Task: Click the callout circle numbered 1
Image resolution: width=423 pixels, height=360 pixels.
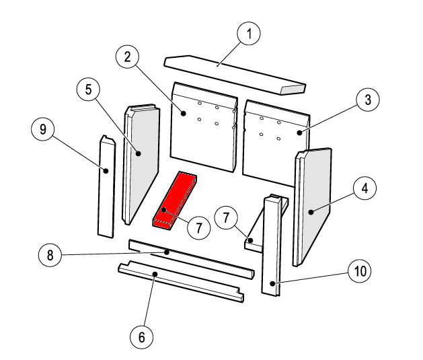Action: pyautogui.click(x=249, y=34)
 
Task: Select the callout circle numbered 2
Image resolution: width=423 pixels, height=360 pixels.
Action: pyautogui.click(x=127, y=57)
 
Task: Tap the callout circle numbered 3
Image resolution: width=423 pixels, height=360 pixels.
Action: pyautogui.click(x=368, y=100)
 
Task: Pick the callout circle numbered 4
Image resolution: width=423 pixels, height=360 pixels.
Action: pyautogui.click(x=364, y=188)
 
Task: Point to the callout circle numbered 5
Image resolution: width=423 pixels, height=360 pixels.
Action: pyautogui.click(x=88, y=89)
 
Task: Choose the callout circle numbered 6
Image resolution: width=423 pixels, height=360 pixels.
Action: pyautogui.click(x=142, y=337)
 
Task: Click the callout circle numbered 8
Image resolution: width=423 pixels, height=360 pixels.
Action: pyautogui.click(x=50, y=255)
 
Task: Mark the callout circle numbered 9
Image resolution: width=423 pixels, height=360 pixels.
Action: pyautogui.click(x=43, y=129)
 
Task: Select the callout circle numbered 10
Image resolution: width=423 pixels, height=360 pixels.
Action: pyautogui.click(x=360, y=271)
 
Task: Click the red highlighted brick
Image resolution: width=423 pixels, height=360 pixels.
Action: pyautogui.click(x=175, y=201)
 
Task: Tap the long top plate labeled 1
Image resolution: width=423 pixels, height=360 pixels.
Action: pyautogui.click(x=235, y=75)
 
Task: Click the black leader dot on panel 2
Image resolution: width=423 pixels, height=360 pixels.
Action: pyautogui.click(x=184, y=113)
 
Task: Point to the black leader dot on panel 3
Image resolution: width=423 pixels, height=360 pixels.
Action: pyautogui.click(x=299, y=133)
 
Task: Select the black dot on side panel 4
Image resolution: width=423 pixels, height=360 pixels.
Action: pyautogui.click(x=311, y=212)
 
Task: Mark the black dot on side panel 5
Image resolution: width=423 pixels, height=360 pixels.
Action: pyautogui.click(x=139, y=153)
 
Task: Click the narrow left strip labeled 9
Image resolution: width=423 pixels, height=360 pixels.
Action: pyautogui.click(x=106, y=187)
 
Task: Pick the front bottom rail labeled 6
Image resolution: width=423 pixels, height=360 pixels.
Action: pyautogui.click(x=181, y=281)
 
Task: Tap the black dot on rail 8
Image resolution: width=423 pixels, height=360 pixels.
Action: pyautogui.click(x=167, y=252)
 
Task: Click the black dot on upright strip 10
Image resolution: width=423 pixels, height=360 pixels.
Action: pyautogui.click(x=273, y=283)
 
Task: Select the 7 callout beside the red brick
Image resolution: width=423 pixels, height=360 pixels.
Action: pyautogui.click(x=199, y=228)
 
